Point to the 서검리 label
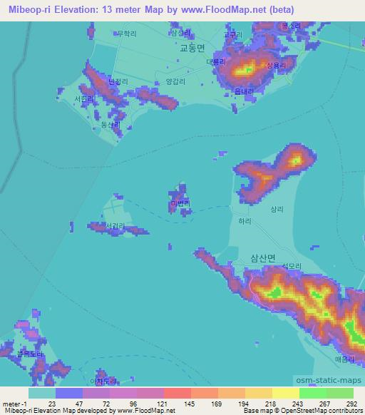114,226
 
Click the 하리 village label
245,222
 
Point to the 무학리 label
125,33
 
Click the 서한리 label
83,100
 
